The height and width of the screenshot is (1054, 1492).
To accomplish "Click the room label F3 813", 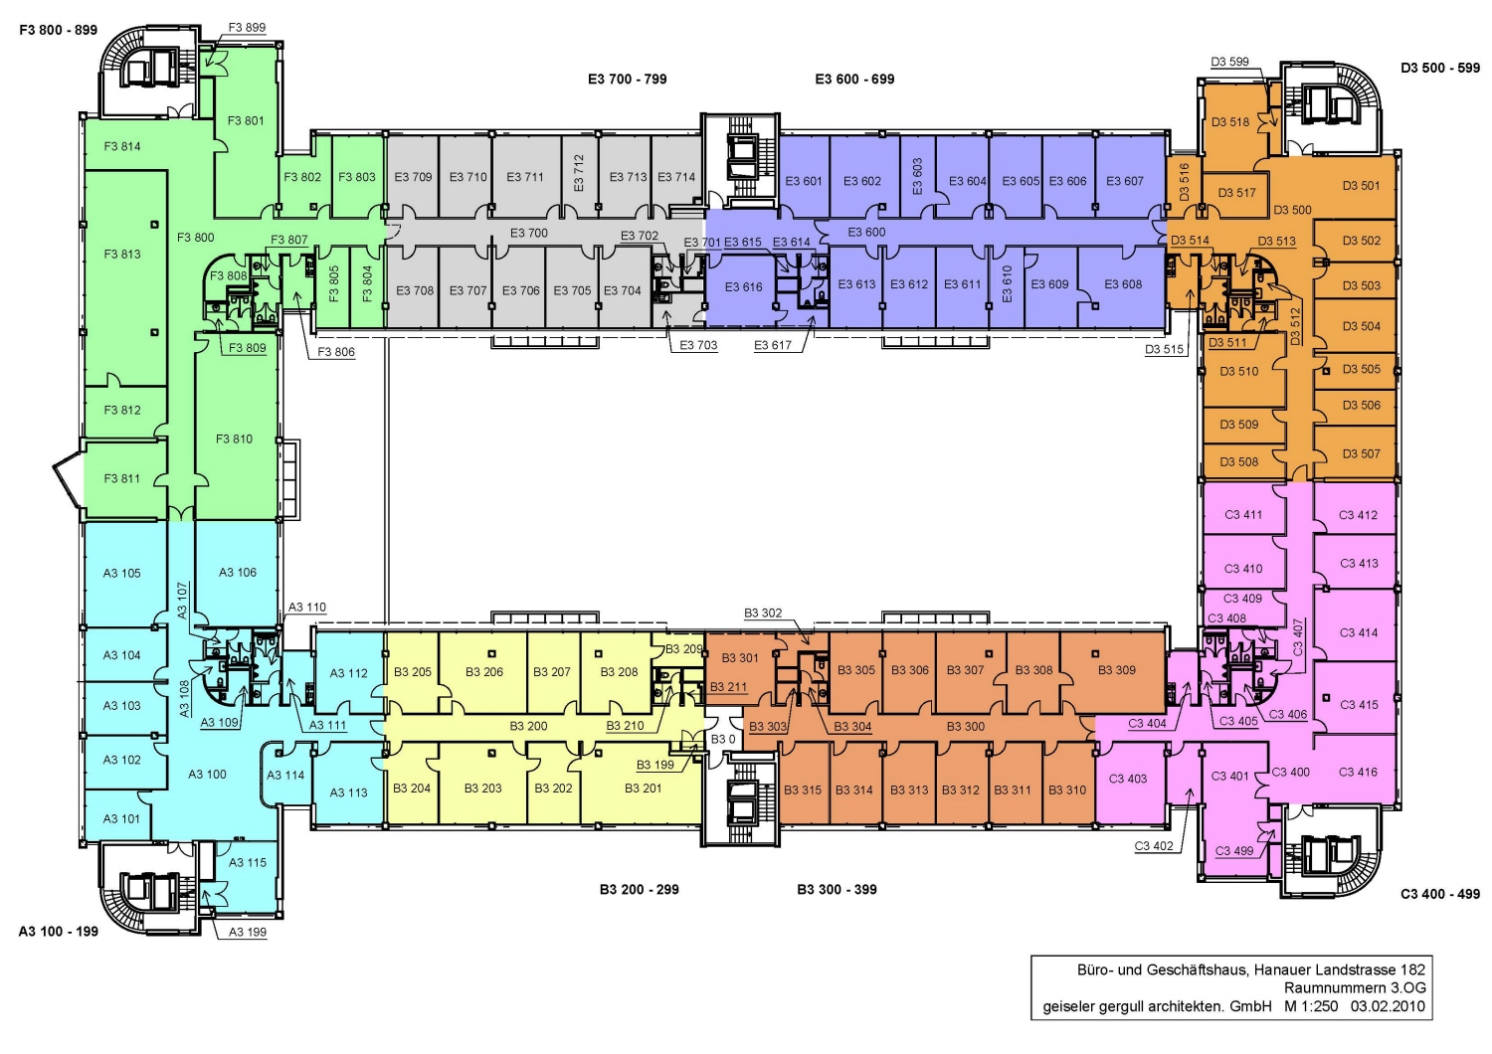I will (x=122, y=255).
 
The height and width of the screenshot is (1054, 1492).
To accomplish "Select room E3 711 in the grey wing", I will (x=525, y=178).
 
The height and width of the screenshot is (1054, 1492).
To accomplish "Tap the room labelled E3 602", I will (x=862, y=182).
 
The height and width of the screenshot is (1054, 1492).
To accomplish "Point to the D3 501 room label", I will (x=1361, y=186).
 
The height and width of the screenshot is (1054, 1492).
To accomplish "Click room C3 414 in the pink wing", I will (x=1358, y=632).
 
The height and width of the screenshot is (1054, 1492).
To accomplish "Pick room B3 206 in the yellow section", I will (x=484, y=672).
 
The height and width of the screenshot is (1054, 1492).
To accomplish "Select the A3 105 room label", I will (x=122, y=574).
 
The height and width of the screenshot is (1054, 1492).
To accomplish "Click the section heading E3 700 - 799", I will (x=627, y=80).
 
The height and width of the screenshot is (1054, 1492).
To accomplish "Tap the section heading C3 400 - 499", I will (x=1439, y=894).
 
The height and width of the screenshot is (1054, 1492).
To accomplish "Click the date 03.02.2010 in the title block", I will (x=1388, y=1006).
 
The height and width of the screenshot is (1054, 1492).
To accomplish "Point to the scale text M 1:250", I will (x=1310, y=1006).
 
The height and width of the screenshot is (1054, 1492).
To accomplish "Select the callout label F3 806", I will (x=336, y=352).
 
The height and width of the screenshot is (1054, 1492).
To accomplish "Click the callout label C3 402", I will (x=1154, y=846).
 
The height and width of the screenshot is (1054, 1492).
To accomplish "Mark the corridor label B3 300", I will (x=965, y=727).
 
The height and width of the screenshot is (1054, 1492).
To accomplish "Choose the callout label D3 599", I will (x=1229, y=62).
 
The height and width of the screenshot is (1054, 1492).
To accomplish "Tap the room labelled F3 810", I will (x=235, y=439).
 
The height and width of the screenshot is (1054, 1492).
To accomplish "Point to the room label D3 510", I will (x=1239, y=372).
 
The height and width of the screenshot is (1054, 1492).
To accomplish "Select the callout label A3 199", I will (x=248, y=933).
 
